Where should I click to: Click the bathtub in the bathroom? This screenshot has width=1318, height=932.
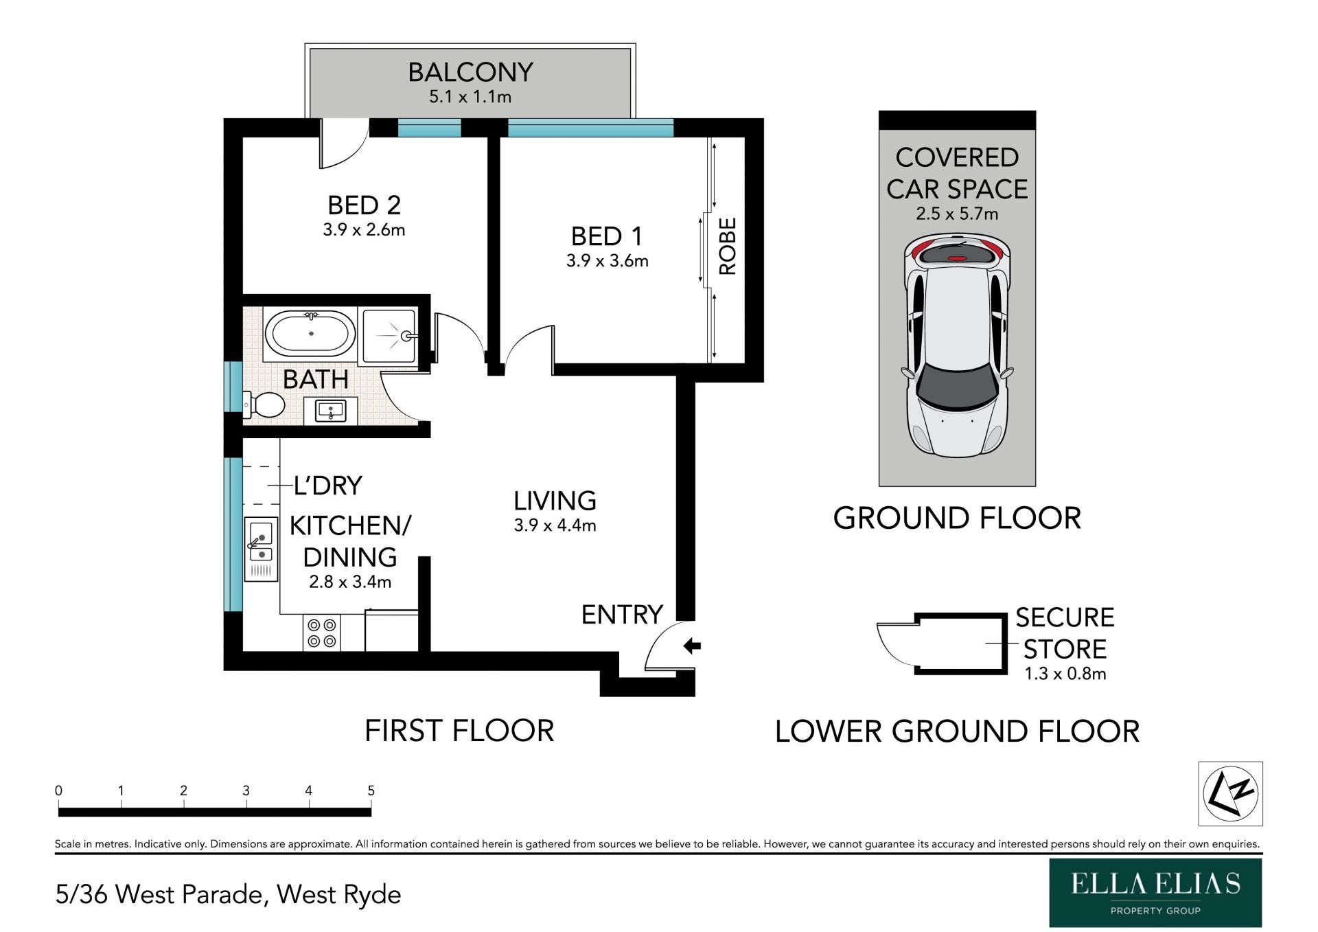point(310,334)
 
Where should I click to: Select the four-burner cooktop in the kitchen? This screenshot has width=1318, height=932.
point(322,633)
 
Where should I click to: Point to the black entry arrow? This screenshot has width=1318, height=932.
point(692,646)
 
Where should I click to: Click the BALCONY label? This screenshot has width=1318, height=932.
point(470,72)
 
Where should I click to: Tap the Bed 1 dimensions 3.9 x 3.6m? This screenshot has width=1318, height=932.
point(607,261)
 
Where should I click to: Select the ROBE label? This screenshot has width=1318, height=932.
point(728,247)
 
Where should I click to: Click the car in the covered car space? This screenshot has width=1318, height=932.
point(957,345)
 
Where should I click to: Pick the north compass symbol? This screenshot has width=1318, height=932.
point(1230,793)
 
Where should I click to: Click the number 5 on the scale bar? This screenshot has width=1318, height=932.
point(371,791)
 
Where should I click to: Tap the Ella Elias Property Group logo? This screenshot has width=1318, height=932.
point(1155,892)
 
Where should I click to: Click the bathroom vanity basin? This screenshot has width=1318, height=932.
point(331,411)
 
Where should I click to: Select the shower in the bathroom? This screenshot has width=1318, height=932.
point(389,335)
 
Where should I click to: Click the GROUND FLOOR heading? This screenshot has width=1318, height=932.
point(957,518)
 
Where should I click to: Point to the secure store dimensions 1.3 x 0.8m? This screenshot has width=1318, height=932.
point(1065,674)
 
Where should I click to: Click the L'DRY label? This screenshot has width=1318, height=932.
point(327,486)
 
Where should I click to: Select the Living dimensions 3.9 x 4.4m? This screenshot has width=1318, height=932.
point(555,525)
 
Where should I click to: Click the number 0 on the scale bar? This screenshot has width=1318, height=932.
point(58,791)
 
